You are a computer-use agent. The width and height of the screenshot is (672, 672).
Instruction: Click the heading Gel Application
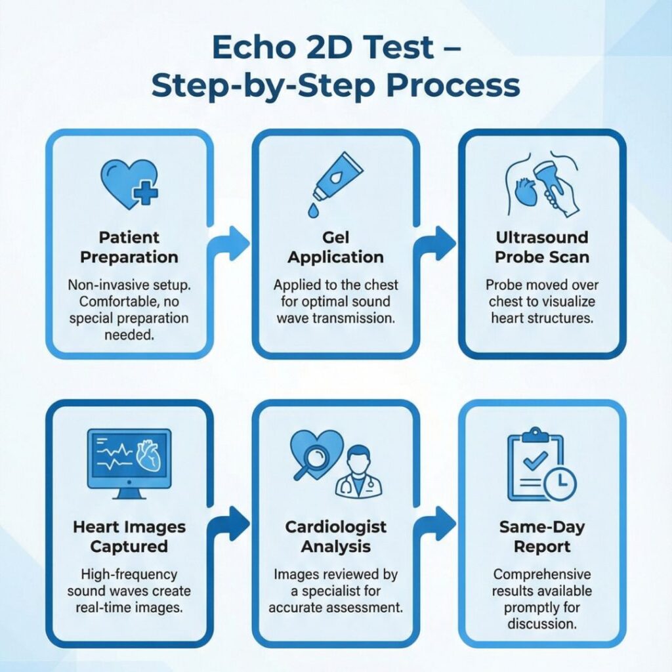pos(335,247)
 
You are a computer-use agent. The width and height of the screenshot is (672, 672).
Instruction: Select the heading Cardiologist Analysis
pos(336,536)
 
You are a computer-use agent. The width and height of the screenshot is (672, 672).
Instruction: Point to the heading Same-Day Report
pos(541,536)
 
